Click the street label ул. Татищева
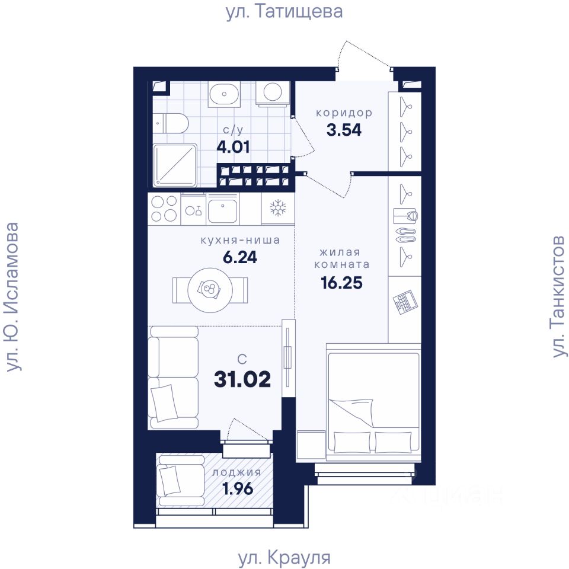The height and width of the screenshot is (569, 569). (x=284, y=12)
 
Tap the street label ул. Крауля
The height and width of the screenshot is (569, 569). (x=284, y=557)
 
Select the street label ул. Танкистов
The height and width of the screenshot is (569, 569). (x=558, y=296)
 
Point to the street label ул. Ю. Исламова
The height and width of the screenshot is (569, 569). (x=12, y=296)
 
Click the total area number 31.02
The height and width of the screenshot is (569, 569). (x=242, y=379)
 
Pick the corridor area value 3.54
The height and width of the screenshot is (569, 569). (x=344, y=130)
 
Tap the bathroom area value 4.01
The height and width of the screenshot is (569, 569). (x=233, y=148)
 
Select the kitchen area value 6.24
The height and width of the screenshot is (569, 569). (x=240, y=257)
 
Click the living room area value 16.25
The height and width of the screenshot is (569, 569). (x=341, y=282)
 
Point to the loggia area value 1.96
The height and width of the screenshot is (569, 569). (x=238, y=489)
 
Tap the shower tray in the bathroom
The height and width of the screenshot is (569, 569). (x=175, y=165)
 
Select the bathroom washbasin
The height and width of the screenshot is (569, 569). (x=224, y=94)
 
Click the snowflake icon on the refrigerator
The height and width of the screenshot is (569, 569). (x=278, y=208)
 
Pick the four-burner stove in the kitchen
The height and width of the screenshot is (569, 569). (x=164, y=209)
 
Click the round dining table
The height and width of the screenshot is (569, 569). (x=210, y=290)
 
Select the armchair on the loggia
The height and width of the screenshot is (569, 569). (x=181, y=480)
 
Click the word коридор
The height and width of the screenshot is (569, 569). (x=344, y=113)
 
